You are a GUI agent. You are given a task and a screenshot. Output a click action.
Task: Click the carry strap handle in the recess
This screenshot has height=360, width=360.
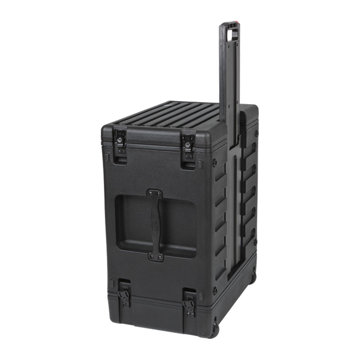tap(155, 225)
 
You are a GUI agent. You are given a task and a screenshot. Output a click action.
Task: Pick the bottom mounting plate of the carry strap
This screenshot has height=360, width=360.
tap(156, 257)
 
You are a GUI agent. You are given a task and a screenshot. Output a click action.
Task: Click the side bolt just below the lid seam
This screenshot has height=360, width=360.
tap(215, 162)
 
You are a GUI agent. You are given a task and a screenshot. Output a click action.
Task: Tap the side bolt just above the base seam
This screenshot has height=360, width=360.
tap(215, 289)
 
